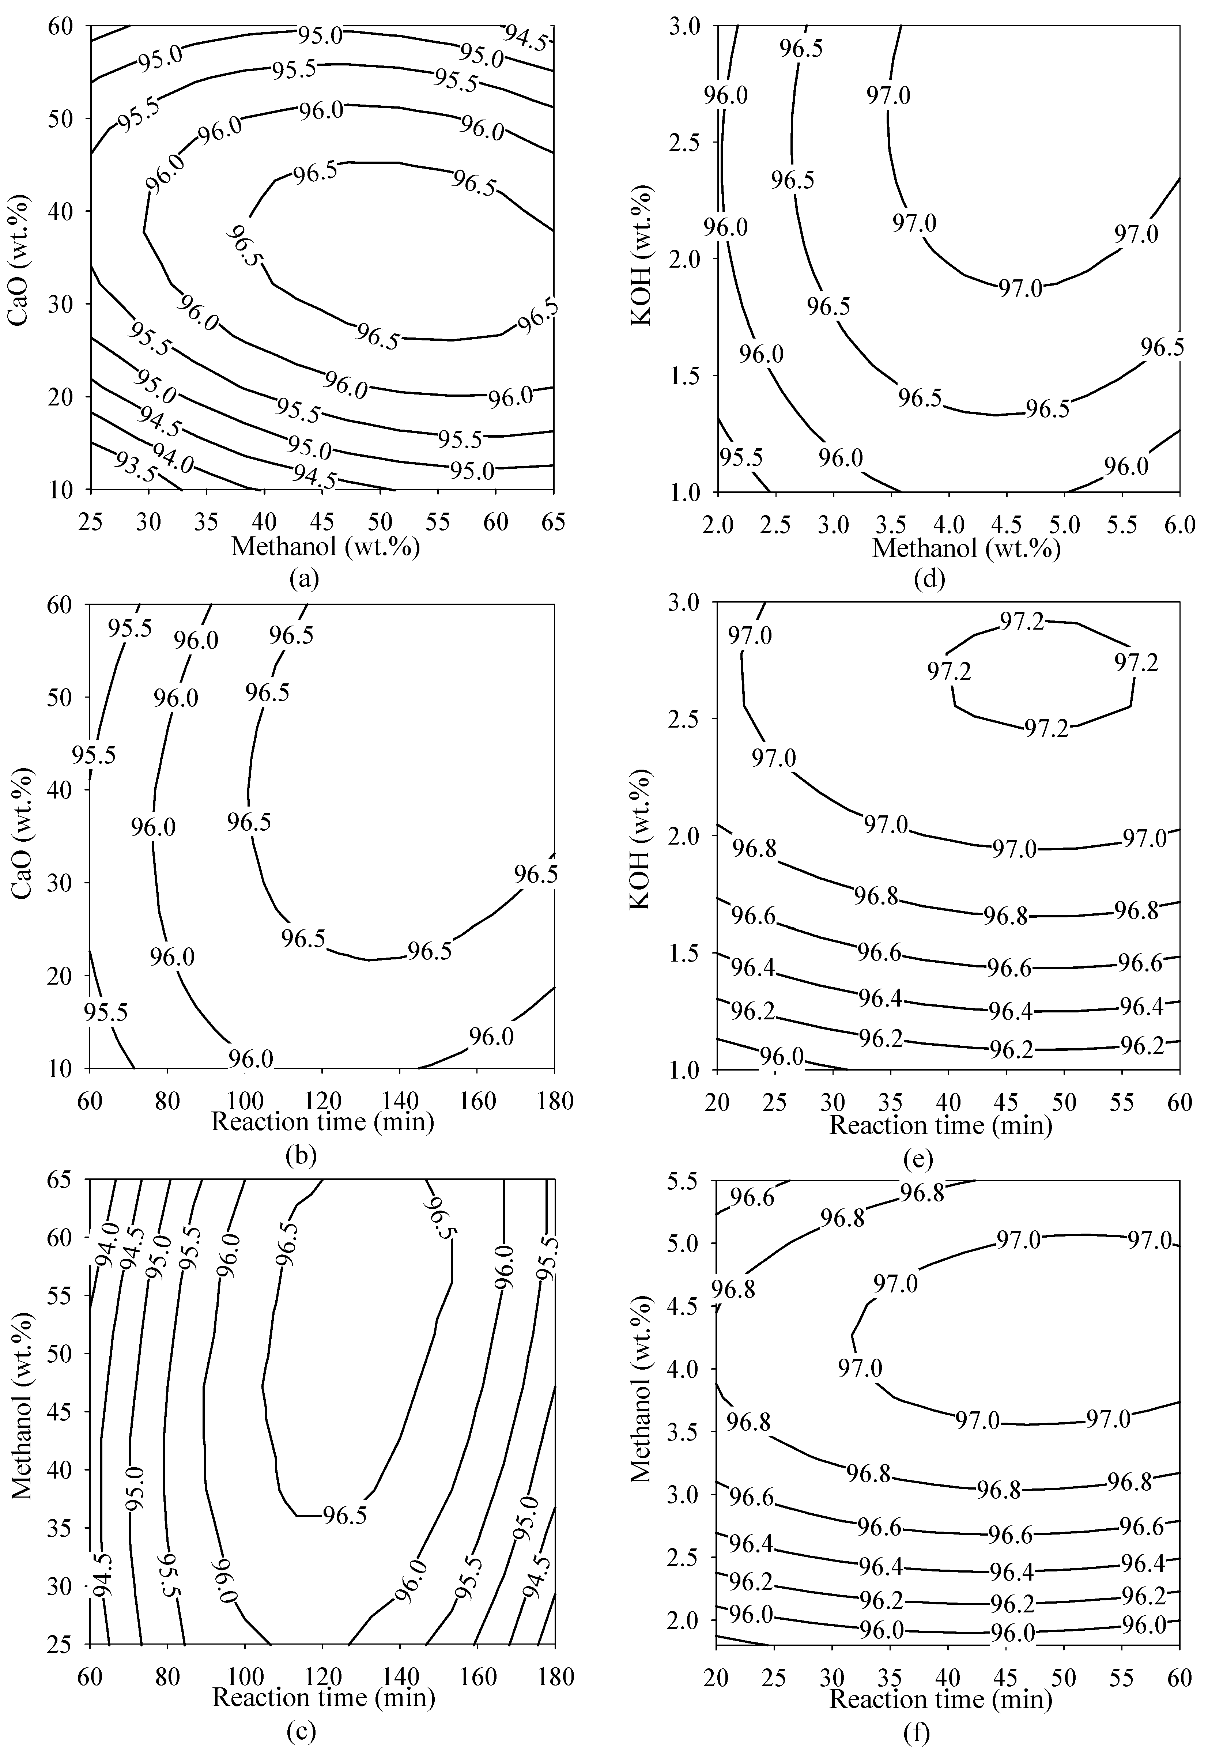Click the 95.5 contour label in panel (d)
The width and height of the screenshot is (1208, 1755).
[741, 458]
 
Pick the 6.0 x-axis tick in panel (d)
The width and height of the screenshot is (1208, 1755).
[1179, 524]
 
